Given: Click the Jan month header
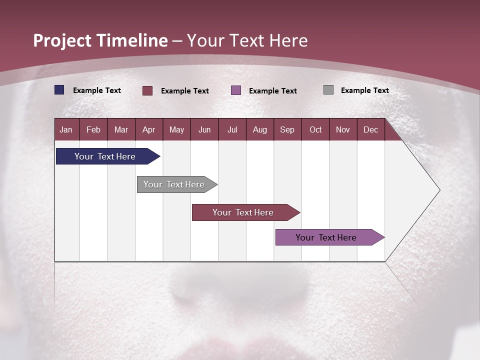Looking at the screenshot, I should point(66,129).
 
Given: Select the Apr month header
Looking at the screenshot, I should point(149,129).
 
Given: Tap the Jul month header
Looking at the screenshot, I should point(232,129).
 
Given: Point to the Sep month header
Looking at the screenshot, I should point(287,129).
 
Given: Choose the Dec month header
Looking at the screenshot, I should point(370,129).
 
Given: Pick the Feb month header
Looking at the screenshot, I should point(93,129).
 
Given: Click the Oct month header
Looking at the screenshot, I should point(315,129).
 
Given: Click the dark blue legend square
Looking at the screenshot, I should point(59,90).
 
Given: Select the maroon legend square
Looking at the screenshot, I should point(147,90).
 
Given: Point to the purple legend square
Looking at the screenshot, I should point(236,90).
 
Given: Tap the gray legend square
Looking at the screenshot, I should point(328,90).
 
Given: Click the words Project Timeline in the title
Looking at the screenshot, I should point(100,40).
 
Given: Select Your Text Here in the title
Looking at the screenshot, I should point(247,40).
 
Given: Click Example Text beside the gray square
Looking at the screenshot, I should point(364,90).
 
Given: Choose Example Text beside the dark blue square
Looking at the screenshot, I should point(97,90).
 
